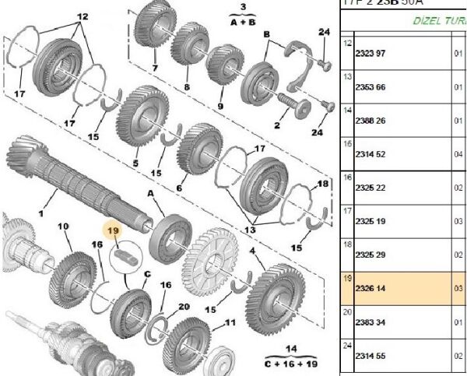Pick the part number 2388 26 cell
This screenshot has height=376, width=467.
373,121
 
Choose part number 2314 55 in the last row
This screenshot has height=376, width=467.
373,354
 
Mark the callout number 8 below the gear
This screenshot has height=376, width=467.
187,88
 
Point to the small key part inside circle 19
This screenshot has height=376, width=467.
125,251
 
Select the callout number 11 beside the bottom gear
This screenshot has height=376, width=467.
230,322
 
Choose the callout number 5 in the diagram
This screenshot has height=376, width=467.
135,163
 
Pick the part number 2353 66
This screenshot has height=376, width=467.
373,87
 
